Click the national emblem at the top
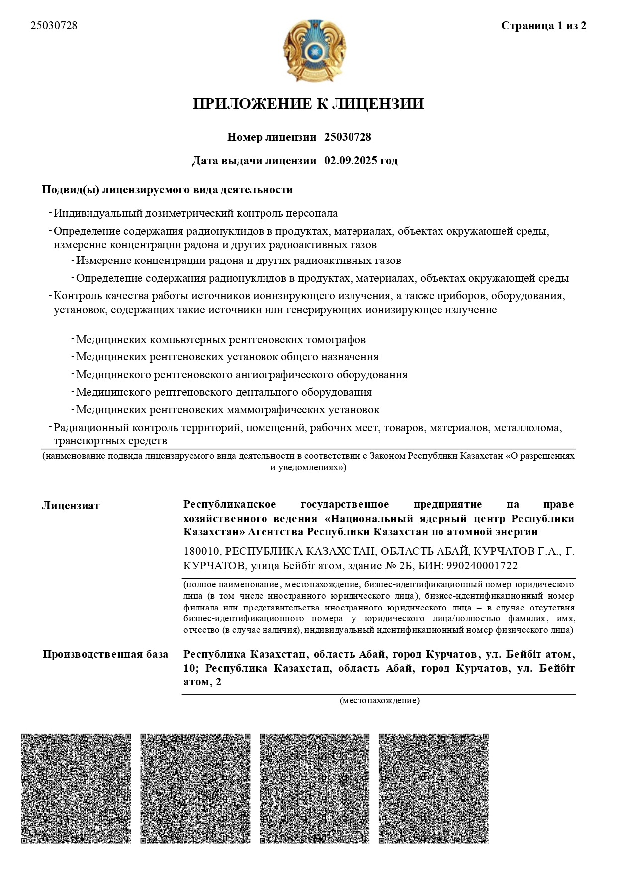pyautogui.click(x=314, y=51)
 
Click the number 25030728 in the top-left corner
pyautogui.click(x=54, y=26)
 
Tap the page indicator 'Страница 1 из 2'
pyautogui.click(x=543, y=26)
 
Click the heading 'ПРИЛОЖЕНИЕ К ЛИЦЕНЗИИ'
pyautogui.click(x=308, y=104)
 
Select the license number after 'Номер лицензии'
pyautogui.click(x=348, y=137)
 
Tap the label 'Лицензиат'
pyautogui.click(x=71, y=506)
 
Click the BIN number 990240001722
pyautogui.click(x=482, y=566)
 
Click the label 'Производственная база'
pyautogui.click(x=105, y=654)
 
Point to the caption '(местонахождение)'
pyautogui.click(x=379, y=701)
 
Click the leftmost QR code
pyautogui.click(x=76, y=788)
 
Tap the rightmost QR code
pyautogui.click(x=434, y=788)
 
